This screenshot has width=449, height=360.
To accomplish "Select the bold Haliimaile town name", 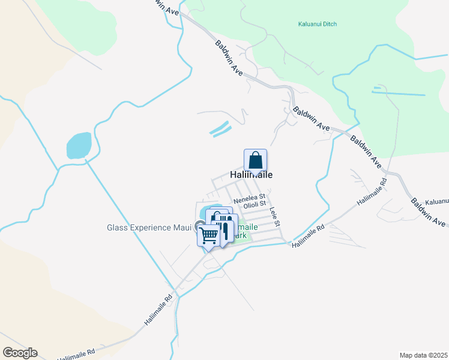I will point(252,175).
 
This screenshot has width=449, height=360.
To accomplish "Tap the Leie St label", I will point(276,217).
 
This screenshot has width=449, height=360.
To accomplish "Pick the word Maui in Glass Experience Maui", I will point(182,227).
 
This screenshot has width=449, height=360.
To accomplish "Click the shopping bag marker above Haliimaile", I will point(255,161).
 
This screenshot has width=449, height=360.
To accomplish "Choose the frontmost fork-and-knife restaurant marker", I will point(225,232).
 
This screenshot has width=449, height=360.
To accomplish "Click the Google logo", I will point(20,353).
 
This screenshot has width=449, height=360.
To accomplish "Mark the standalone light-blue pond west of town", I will point(79,146).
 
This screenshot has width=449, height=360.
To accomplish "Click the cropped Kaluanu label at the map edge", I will point(436,202).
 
